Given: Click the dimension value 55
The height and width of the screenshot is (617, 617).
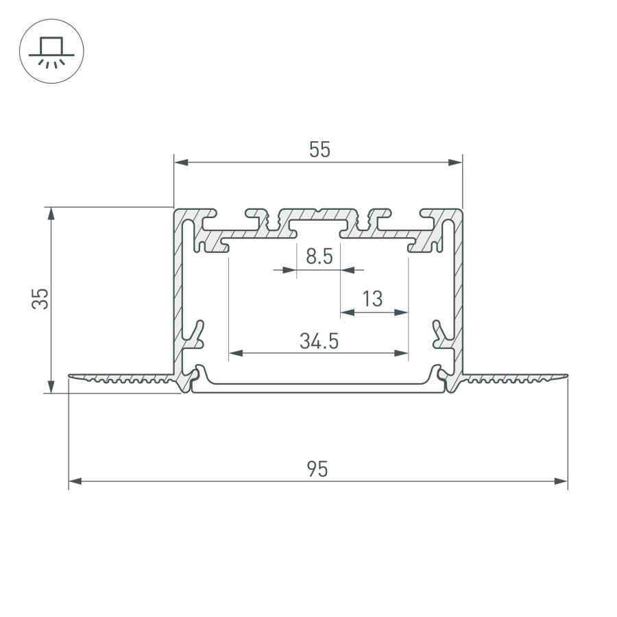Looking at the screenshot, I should click(x=319, y=149).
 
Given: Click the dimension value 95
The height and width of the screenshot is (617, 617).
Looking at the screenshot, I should click(x=317, y=470).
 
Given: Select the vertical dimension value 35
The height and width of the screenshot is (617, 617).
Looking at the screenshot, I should click(x=40, y=299).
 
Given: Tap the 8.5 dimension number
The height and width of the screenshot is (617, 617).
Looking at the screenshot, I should click(x=319, y=257).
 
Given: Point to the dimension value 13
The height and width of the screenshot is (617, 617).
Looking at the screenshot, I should click(x=372, y=299).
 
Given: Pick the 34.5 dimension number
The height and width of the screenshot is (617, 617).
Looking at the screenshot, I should click(x=319, y=341).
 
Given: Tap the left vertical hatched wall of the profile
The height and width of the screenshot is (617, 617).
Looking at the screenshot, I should click(x=180, y=288).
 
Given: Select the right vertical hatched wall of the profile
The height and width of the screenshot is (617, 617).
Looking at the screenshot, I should click(x=457, y=288).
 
